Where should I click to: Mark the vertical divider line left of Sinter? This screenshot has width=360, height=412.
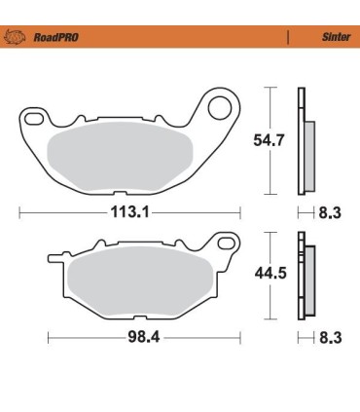[x=287, y=38]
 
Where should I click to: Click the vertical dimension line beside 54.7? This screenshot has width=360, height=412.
[x=268, y=141]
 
